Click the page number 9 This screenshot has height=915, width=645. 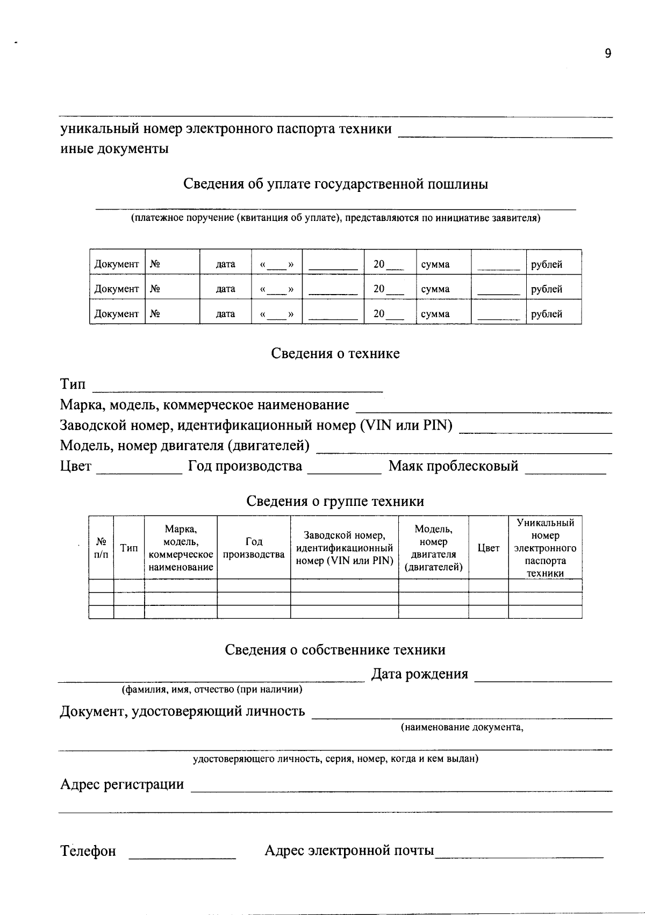pyautogui.click(x=608, y=53)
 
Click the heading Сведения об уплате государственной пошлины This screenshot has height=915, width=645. pyautogui.click(x=335, y=184)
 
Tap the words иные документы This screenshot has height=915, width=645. pyautogui.click(x=114, y=149)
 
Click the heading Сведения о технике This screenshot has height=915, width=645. pyautogui.click(x=335, y=354)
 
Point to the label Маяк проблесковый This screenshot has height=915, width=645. pyautogui.click(x=453, y=466)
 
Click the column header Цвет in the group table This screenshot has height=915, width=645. pyautogui.click(x=489, y=548)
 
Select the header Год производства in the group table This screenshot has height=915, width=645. pyautogui.click(x=254, y=548)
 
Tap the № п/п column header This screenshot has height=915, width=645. pyautogui.click(x=101, y=548)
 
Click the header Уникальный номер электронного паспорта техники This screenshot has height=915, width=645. pyautogui.click(x=545, y=548)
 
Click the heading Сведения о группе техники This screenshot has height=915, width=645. pyautogui.click(x=335, y=502)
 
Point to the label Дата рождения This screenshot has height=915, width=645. pyautogui.click(x=419, y=674)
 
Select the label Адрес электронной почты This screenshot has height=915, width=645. pyautogui.click(x=349, y=850)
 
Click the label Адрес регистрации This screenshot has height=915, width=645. pyautogui.click(x=121, y=784)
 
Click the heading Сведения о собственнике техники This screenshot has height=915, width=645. pyautogui.click(x=335, y=650)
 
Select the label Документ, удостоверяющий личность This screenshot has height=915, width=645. pyautogui.click(x=182, y=712)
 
